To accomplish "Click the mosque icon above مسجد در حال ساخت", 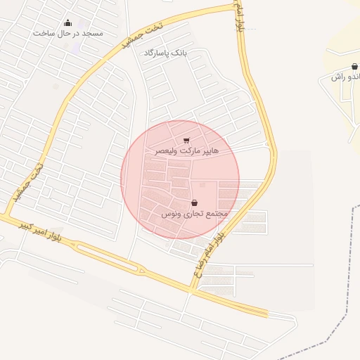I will [x=68, y=23].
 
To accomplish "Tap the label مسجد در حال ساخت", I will [x=68, y=33].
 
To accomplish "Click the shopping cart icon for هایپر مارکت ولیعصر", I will [x=186, y=141].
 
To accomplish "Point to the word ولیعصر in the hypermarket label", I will [x=161, y=151].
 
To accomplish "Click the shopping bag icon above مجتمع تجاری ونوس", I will [x=194, y=202].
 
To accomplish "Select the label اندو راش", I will [x=345, y=76].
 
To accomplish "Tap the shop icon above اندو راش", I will [x=354, y=66].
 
